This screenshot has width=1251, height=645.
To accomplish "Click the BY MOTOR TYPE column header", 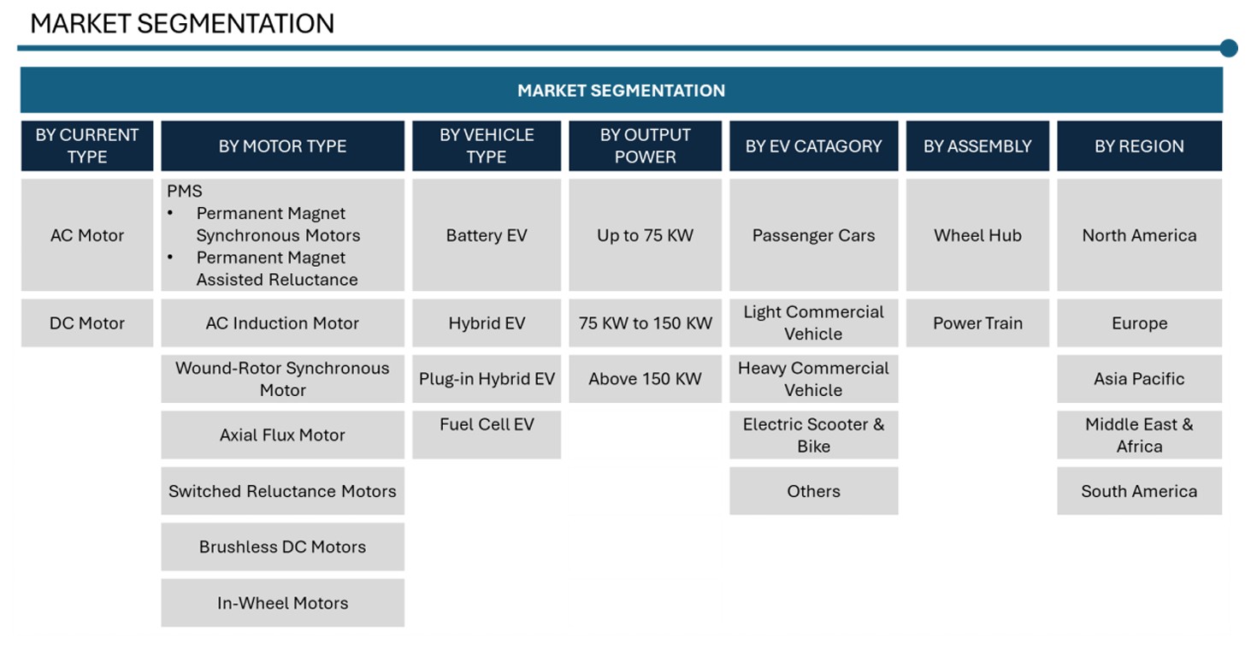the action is click(x=282, y=146).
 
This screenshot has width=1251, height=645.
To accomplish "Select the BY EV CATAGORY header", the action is click(x=814, y=146).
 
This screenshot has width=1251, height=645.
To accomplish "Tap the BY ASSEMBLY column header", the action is click(x=977, y=146).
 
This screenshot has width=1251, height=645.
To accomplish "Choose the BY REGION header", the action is click(x=1139, y=146).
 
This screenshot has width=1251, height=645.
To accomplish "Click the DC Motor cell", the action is click(x=87, y=323).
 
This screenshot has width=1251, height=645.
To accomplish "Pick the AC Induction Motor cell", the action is click(x=282, y=323).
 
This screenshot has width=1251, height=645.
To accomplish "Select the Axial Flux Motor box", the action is click(x=282, y=435).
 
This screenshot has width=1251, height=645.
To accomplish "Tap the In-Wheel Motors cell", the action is click(x=282, y=602).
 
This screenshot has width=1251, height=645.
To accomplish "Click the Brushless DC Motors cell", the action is click(x=282, y=547).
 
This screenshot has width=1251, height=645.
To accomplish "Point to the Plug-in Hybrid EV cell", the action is click(x=487, y=379).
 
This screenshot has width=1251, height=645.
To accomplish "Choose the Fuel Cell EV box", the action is click(x=487, y=435).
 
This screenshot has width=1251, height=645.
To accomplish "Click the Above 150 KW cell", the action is click(x=645, y=379).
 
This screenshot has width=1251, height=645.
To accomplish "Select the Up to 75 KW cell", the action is click(x=645, y=234).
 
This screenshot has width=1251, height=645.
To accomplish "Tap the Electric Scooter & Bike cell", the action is click(x=814, y=435).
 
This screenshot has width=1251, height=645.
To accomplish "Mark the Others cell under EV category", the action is click(x=814, y=491).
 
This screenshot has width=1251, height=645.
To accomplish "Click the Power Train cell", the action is click(x=977, y=323).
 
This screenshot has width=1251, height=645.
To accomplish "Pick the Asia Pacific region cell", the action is click(x=1139, y=379).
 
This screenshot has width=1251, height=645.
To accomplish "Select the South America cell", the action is click(x=1139, y=491).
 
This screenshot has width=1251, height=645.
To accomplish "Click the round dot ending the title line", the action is click(x=1229, y=48).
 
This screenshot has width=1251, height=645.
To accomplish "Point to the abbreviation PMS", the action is click(x=185, y=191).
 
